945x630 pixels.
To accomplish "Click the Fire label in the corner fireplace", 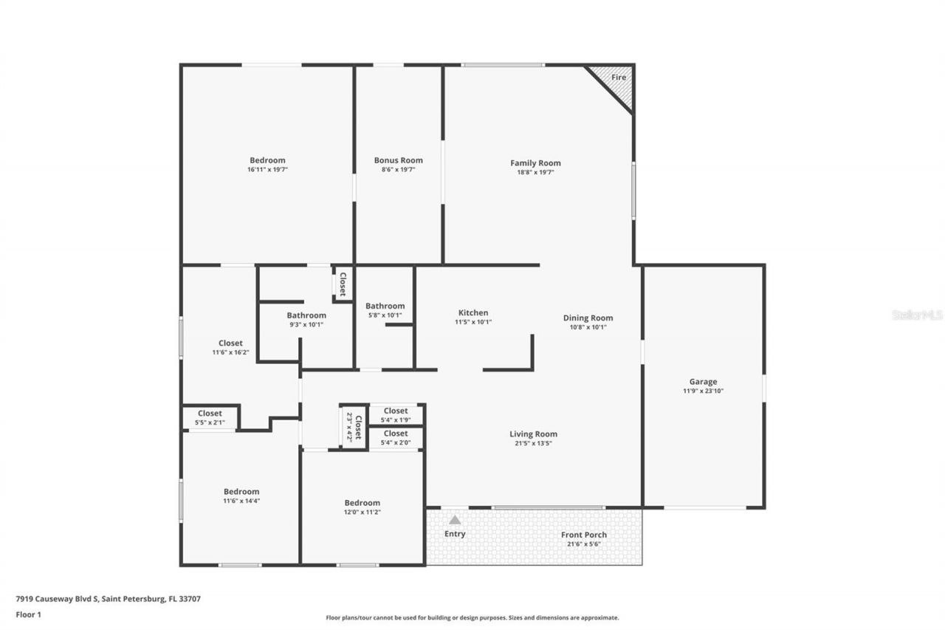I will click(x=619, y=78).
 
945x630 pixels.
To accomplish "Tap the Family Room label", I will click(x=535, y=163).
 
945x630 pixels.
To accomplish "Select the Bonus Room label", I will click(x=398, y=160).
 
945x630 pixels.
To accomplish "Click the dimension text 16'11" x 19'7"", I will click(x=267, y=170).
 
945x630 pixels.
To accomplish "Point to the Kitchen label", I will click(x=473, y=312).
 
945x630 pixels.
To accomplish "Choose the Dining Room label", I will click(x=588, y=318).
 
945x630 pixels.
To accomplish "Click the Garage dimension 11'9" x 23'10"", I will click(x=703, y=391).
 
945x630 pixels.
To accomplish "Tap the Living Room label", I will click(x=533, y=434).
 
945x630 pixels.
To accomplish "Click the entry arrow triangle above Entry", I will click(x=455, y=520).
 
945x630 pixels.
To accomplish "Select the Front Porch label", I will click(x=583, y=535).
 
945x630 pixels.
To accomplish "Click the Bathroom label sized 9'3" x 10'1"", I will click(x=306, y=315).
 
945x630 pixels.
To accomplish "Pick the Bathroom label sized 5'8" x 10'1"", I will click(x=385, y=306).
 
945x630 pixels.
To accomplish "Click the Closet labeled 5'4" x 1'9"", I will click(x=396, y=411).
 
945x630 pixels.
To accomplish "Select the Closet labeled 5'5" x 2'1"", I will click(x=210, y=414).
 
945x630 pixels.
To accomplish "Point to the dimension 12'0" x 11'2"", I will click(x=362, y=512).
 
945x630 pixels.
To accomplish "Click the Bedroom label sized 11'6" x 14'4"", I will click(x=241, y=492).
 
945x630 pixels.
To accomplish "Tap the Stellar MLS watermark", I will click(x=917, y=315).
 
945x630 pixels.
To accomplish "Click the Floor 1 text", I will click(x=28, y=614).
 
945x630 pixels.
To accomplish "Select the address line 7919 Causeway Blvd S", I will click(x=108, y=599).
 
